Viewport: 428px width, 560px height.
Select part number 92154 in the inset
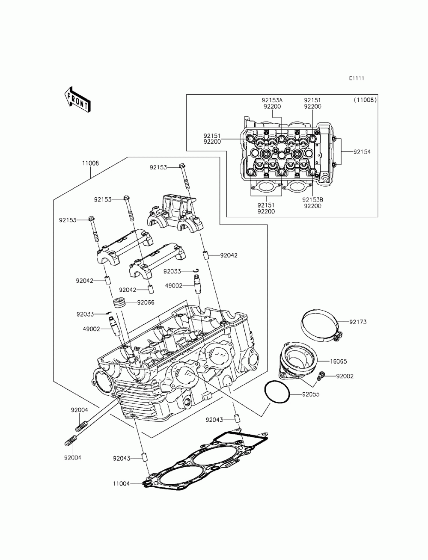tap(362, 152)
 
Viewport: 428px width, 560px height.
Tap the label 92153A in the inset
tap(273, 100)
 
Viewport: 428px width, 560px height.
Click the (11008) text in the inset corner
tap(365, 100)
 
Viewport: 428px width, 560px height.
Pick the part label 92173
tap(358, 321)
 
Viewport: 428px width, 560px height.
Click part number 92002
tap(345, 376)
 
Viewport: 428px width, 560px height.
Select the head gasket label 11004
tap(122, 483)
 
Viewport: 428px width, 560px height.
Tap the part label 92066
tap(146, 302)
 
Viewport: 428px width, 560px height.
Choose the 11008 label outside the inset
tap(90, 163)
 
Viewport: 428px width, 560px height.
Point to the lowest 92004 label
tap(73, 457)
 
